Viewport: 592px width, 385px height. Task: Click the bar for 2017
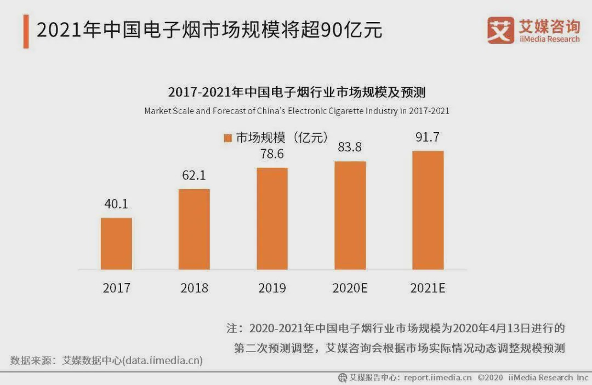pyautogui.click(x=116, y=244)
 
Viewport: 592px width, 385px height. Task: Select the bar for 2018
pyautogui.click(x=194, y=229)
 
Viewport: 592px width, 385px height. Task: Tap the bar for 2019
pyautogui.click(x=272, y=218)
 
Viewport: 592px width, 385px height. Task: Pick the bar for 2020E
pyautogui.click(x=350, y=216)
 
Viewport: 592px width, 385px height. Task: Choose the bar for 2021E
pyautogui.click(x=428, y=210)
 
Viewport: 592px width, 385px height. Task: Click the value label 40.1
pyautogui.click(x=116, y=204)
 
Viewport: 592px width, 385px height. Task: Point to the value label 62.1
pyautogui.click(x=194, y=176)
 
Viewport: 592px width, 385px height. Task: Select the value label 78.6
pyautogui.click(x=272, y=154)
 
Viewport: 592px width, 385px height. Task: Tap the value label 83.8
pyautogui.click(x=350, y=148)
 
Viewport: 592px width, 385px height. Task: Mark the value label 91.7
pyautogui.click(x=428, y=137)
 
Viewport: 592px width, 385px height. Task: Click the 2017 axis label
pyautogui.click(x=116, y=288)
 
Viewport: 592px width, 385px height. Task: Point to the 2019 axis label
pyautogui.click(x=272, y=288)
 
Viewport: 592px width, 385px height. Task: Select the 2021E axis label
pyautogui.click(x=428, y=288)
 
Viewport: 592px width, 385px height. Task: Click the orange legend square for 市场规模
pyautogui.click(x=228, y=138)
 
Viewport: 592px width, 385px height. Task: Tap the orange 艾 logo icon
pyautogui.click(x=500, y=30)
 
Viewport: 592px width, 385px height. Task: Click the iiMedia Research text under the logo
pyautogui.click(x=549, y=39)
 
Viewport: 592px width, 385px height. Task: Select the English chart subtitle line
pyautogui.click(x=297, y=111)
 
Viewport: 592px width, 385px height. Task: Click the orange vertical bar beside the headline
pyautogui.click(x=26, y=32)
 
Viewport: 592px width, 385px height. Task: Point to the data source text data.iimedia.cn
pyautogui.click(x=162, y=360)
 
